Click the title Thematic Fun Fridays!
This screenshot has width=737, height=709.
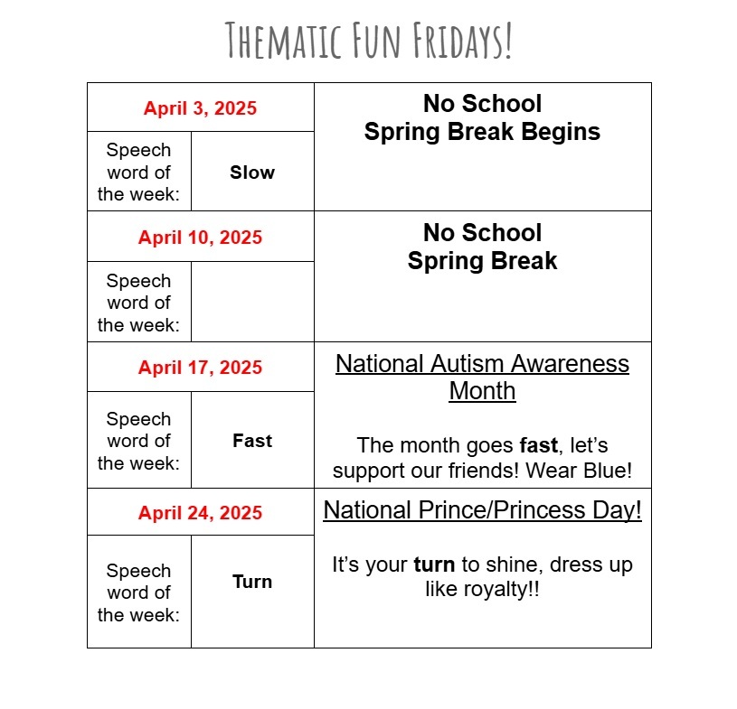(369, 41)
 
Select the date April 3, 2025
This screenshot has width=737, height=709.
(200, 108)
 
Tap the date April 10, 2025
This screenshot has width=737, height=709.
(200, 238)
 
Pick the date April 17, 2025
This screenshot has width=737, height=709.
(200, 368)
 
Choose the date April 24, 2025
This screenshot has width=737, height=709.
(200, 513)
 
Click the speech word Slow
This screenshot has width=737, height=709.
(252, 173)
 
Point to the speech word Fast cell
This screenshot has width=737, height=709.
(252, 441)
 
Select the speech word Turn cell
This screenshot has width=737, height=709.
(252, 582)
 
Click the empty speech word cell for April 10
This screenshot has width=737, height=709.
(252, 302)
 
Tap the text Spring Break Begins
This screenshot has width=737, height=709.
(482, 132)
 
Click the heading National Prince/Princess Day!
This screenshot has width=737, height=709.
(482, 510)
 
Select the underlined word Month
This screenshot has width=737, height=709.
(482, 391)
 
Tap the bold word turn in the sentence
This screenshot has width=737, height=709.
(435, 565)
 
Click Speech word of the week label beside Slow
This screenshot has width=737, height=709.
(138, 173)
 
